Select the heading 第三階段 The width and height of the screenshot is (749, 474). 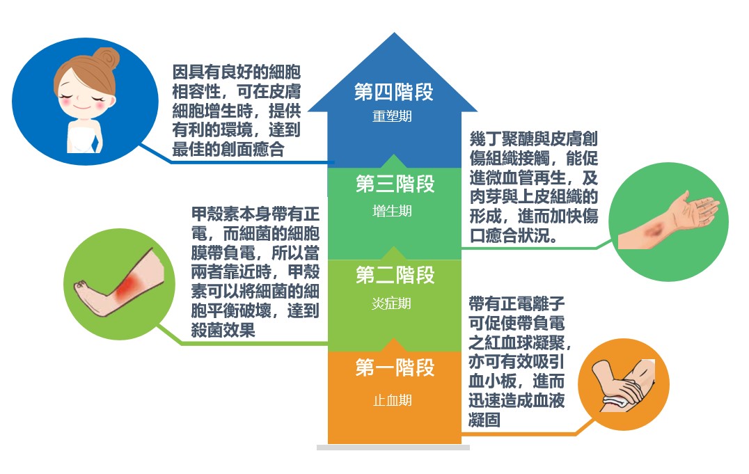coord(395,184)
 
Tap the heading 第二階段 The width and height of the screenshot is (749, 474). coord(395,276)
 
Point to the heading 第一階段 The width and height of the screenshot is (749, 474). coord(395,368)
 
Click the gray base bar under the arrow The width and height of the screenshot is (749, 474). coord(393,448)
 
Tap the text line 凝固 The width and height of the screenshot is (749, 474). coord(484,421)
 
